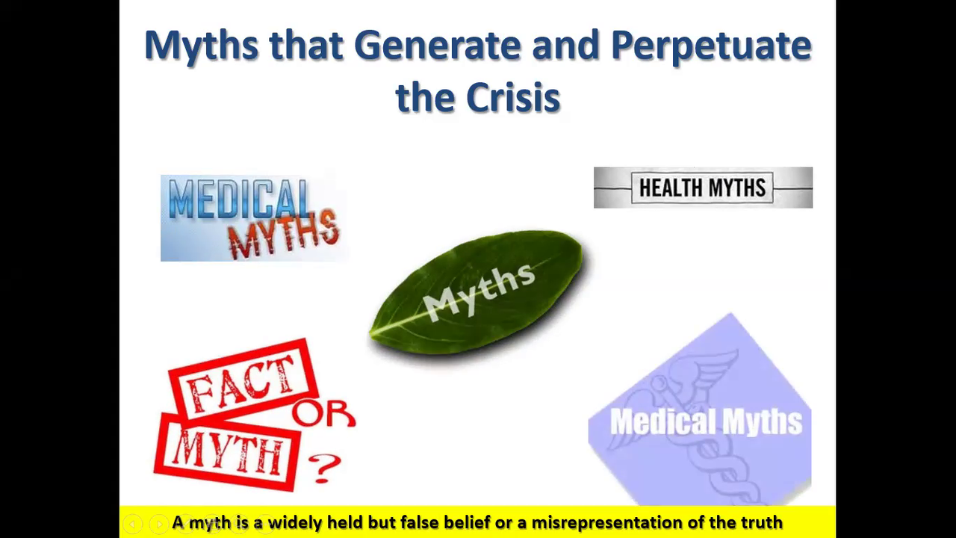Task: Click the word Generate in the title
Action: (x=438, y=46)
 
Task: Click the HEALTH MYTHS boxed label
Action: (x=703, y=188)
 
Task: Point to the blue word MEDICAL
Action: (x=239, y=200)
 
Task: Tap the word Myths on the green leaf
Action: (x=479, y=291)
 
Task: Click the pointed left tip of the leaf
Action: (x=370, y=336)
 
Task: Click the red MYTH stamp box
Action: (x=227, y=453)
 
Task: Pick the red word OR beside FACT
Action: (x=324, y=413)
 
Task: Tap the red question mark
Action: (x=325, y=468)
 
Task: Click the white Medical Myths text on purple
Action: (x=707, y=422)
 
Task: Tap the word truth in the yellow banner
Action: (x=763, y=522)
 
